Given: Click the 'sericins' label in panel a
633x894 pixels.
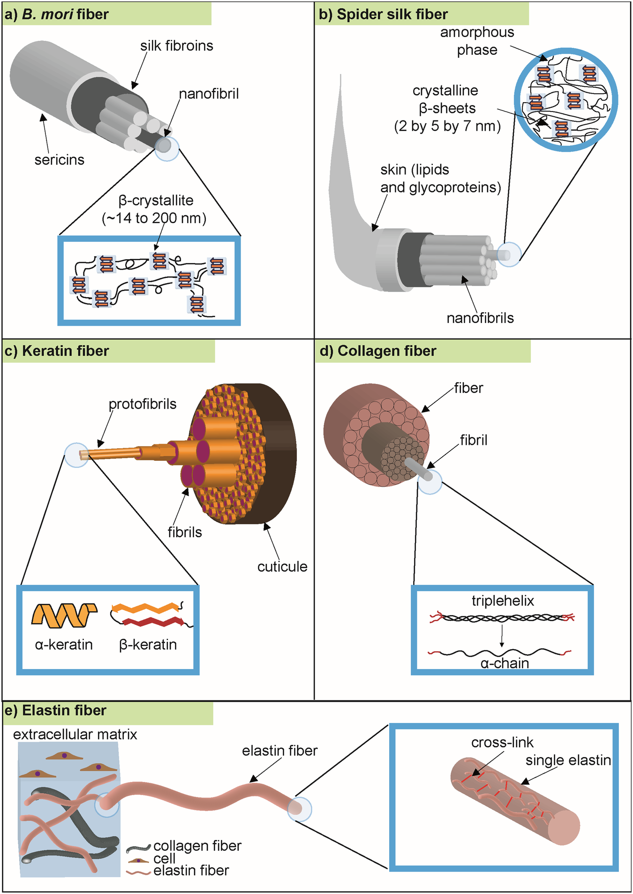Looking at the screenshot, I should [x=59, y=160].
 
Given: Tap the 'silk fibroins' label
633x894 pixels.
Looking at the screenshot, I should [x=176, y=46].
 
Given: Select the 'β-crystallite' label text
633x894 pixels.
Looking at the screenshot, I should [x=156, y=201].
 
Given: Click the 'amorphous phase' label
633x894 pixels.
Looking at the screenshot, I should [x=477, y=41].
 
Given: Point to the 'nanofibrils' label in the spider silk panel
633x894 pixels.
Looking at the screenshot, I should [x=480, y=318].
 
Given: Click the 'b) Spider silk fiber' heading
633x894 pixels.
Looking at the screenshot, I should [x=383, y=15].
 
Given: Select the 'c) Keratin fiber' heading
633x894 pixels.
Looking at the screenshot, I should [x=56, y=351].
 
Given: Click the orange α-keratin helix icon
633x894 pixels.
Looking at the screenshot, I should [x=64, y=615].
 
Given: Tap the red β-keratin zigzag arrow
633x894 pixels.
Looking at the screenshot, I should [x=153, y=622].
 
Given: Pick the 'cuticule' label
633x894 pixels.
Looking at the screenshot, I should [x=282, y=567].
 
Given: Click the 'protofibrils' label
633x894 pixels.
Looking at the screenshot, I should [x=143, y=404].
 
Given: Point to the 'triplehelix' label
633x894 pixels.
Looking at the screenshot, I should [x=503, y=601].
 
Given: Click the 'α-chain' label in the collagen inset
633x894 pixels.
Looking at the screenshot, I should [x=505, y=663].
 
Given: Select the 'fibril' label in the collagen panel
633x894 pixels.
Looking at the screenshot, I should [x=473, y=440].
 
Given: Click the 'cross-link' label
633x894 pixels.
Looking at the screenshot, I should [x=502, y=743].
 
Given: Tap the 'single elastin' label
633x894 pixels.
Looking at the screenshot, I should [x=568, y=760].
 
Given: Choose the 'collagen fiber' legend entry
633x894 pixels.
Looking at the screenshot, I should [x=197, y=846].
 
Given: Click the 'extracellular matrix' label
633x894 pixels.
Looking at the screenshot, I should [x=75, y=734].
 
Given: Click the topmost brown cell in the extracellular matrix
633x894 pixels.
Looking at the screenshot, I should [x=64, y=756].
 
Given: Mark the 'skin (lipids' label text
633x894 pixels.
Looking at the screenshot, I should [x=414, y=170].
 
